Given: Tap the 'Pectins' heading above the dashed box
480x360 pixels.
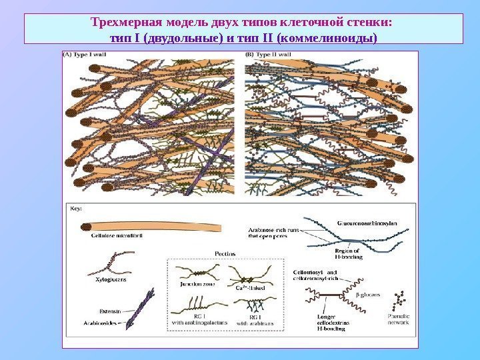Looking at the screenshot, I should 224,253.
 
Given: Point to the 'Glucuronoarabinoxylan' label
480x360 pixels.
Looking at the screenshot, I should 365,223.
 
